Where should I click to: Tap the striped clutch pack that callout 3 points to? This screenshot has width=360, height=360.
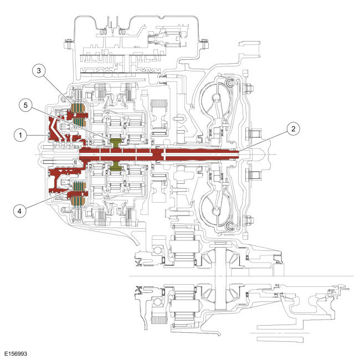(x=77, y=109)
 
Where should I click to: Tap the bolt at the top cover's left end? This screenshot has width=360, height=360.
(x=67, y=40)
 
